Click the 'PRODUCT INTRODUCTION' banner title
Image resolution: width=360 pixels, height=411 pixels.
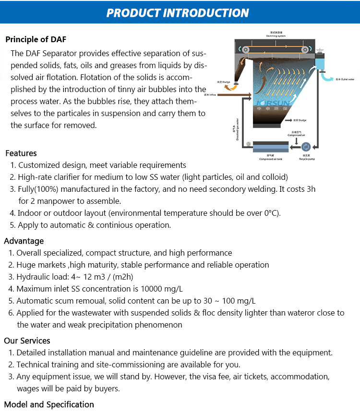[x=178, y=12]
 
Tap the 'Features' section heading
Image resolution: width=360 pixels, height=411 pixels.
[x=21, y=153]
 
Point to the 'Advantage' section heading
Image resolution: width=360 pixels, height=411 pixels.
[x=24, y=241]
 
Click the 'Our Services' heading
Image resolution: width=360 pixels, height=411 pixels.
[x=27, y=341]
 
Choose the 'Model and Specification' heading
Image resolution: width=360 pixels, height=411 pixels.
[x=49, y=404]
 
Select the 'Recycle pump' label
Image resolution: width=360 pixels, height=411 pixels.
[x=307, y=159]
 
